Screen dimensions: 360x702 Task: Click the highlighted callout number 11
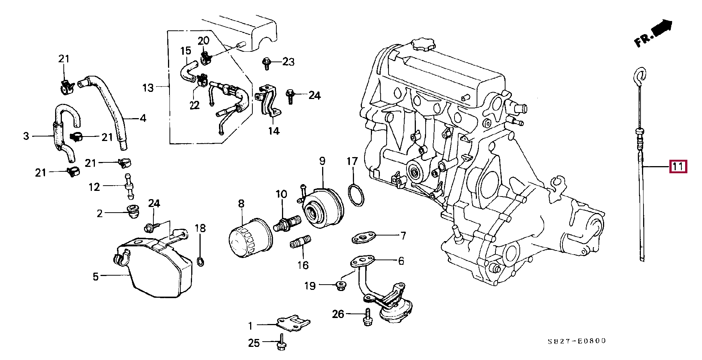pos(678,166)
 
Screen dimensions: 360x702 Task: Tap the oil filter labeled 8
pos(250,238)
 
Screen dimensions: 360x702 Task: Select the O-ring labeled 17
pos(355,195)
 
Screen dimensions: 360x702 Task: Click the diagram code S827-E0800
pos(576,341)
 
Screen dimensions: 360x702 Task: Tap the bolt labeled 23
pos(267,63)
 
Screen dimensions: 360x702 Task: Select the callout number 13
pos(148,88)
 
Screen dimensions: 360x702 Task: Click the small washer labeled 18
pos(201,261)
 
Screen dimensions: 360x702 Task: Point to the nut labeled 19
pos(340,286)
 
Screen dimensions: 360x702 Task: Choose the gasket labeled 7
pos(363,237)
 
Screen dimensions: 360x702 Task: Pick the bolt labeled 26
pos(367,317)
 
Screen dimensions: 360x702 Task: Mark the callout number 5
pos(96,277)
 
